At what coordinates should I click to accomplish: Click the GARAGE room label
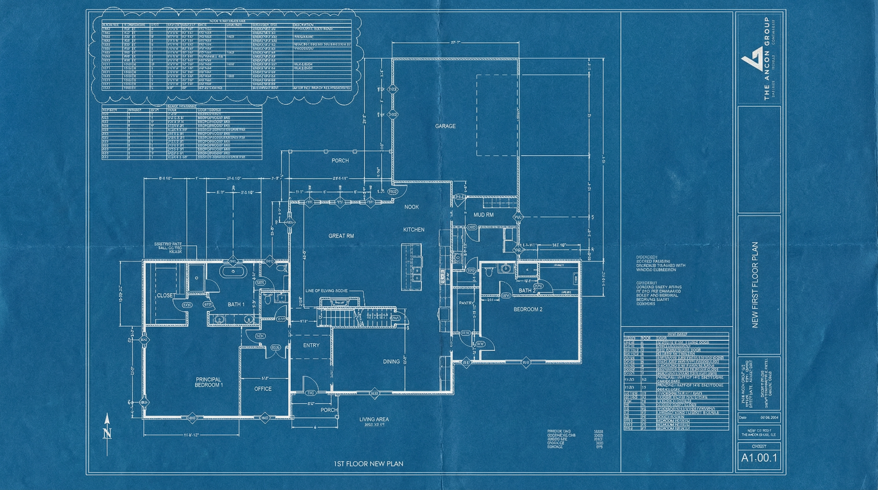click(445, 126)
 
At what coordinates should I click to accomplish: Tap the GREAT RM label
click(341, 236)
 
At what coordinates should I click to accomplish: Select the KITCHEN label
click(414, 230)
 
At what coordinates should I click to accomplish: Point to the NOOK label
click(411, 207)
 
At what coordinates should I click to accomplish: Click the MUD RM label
click(484, 215)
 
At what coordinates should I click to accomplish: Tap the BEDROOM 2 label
click(528, 309)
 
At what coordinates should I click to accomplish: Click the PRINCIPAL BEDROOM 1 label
click(209, 382)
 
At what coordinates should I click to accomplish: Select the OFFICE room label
click(263, 389)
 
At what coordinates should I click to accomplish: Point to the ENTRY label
click(311, 346)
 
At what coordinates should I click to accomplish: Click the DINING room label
click(391, 361)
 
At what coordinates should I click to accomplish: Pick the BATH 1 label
click(236, 304)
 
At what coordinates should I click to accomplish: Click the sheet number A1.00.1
click(759, 458)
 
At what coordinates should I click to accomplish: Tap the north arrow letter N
click(107, 434)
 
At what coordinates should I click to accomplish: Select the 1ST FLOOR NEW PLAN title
click(368, 464)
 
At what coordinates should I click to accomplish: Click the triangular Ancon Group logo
click(752, 65)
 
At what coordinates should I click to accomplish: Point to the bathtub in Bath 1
click(232, 272)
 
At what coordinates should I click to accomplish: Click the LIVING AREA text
click(374, 419)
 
